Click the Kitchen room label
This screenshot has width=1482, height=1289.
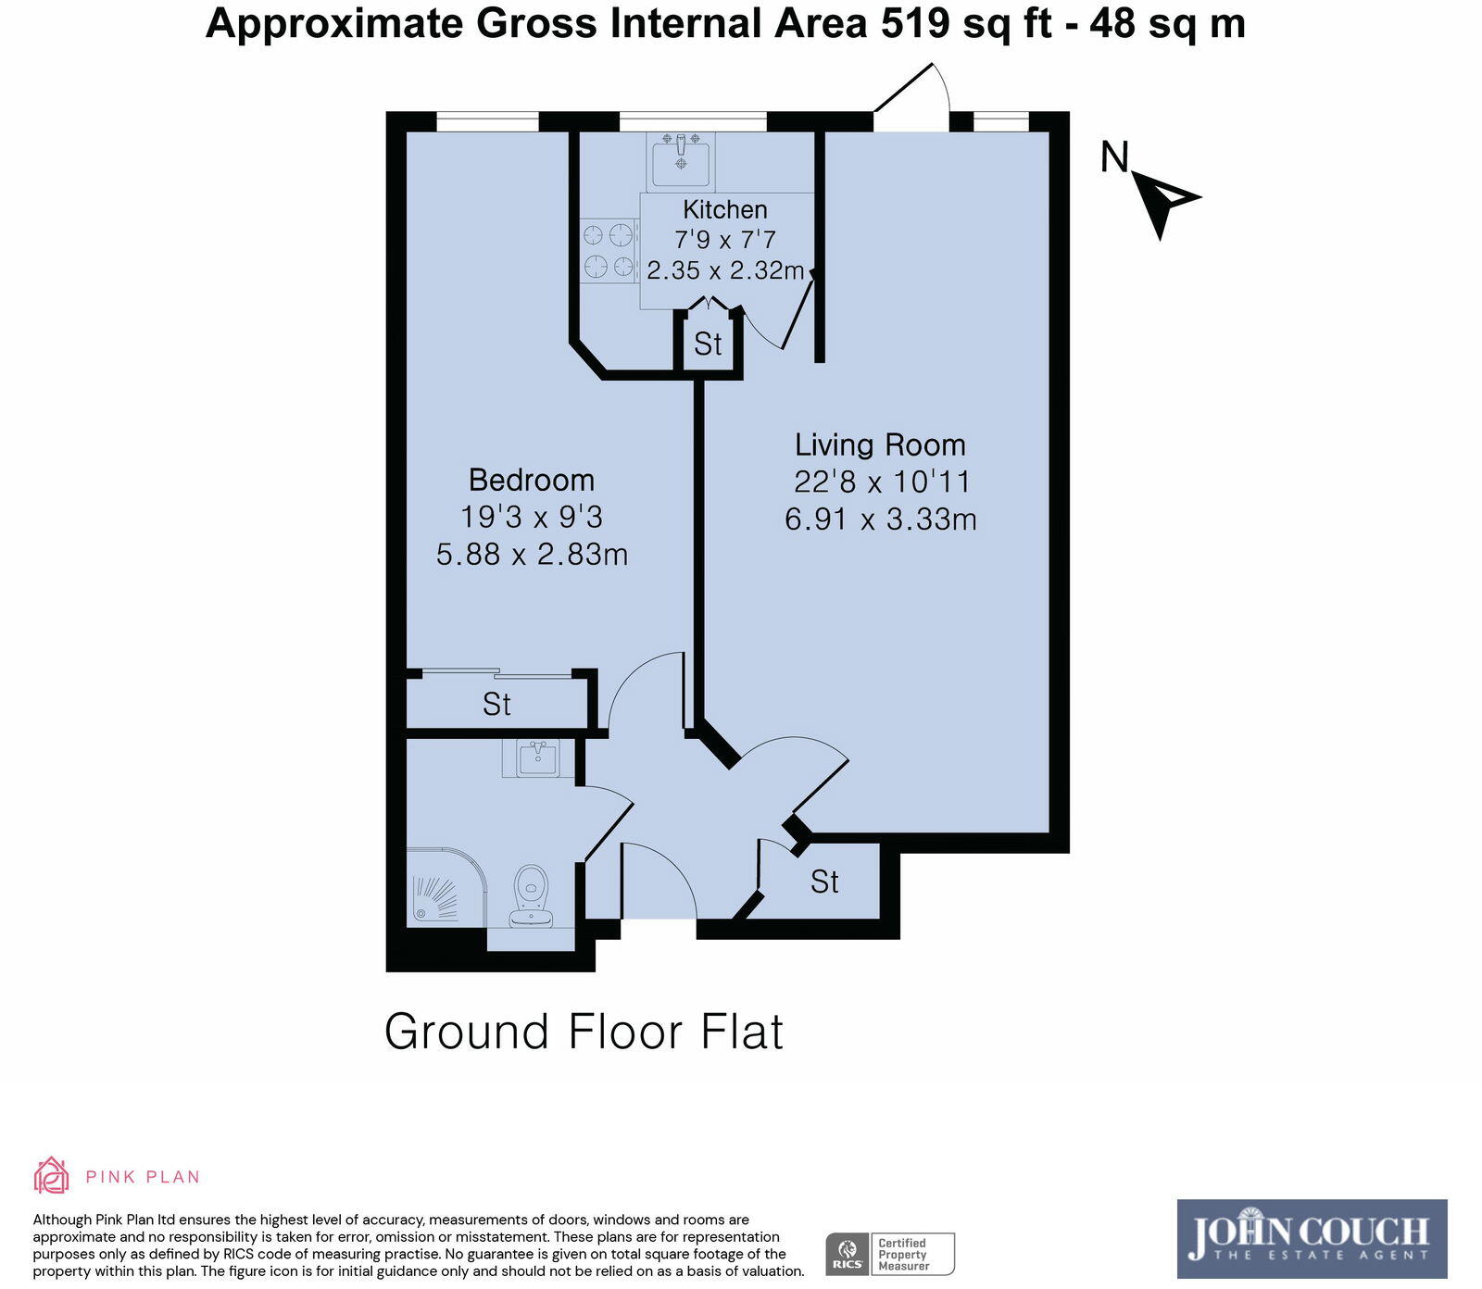(x=724, y=209)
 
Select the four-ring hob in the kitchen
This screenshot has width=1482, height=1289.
(x=609, y=251)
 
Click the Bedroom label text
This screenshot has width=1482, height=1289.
(x=531, y=480)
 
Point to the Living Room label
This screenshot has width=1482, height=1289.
(x=880, y=444)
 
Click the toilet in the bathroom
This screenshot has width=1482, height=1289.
(x=532, y=895)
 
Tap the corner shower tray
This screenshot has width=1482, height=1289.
(x=445, y=887)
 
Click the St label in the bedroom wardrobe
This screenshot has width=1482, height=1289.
(x=496, y=705)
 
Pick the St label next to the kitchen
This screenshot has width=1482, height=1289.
(x=708, y=344)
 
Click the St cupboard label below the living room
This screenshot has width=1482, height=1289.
(x=824, y=882)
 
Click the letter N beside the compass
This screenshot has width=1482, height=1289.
(x=1114, y=157)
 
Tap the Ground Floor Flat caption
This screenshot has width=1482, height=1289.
(x=584, y=1032)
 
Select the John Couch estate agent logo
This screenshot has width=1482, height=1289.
(x=1311, y=1238)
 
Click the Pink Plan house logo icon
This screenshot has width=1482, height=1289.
(x=51, y=1175)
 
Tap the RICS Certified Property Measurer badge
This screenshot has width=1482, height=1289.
(x=889, y=1255)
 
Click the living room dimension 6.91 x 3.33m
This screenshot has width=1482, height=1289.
(x=880, y=519)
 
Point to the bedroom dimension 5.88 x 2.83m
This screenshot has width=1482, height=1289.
(x=532, y=555)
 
